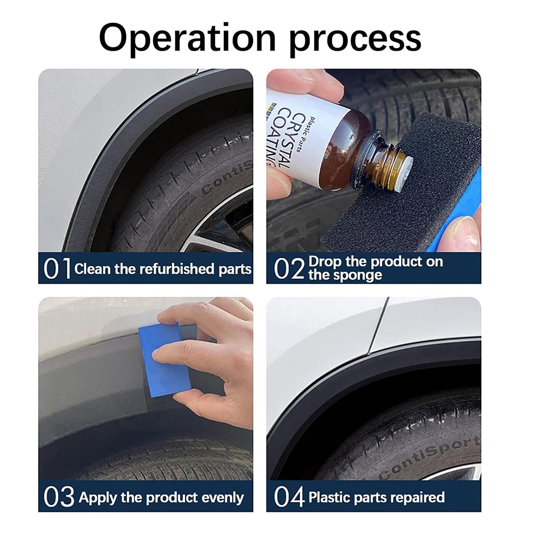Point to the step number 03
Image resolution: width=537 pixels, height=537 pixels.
pyautogui.click(x=59, y=497)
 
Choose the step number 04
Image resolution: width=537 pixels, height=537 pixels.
pyautogui.click(x=289, y=497)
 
